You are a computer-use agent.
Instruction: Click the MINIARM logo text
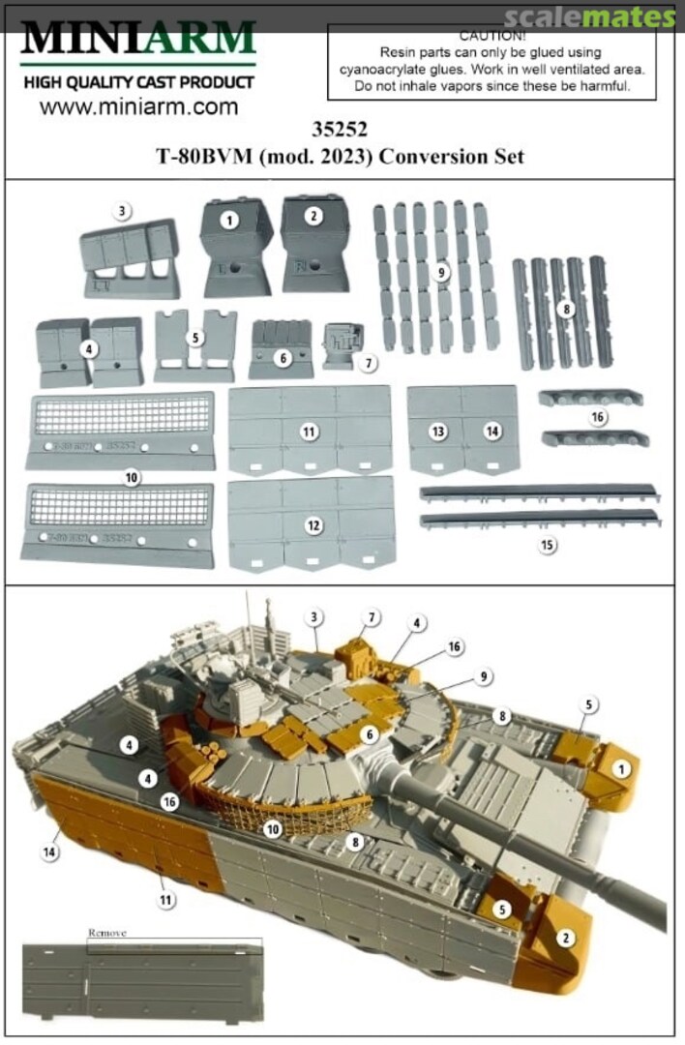[x=138, y=39]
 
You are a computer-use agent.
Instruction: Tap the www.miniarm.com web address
[x=138, y=107]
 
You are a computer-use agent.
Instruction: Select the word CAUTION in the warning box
[x=492, y=35]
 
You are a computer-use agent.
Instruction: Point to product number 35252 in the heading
[x=341, y=127]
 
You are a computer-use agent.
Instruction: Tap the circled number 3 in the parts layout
[x=121, y=211]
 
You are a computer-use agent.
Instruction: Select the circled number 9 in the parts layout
[x=441, y=273]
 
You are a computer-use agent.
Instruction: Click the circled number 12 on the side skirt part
[x=313, y=525]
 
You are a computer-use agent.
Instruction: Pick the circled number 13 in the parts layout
[x=438, y=432]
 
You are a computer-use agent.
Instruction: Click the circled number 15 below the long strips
[x=548, y=546]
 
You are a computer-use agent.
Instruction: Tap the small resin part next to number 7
[x=338, y=346]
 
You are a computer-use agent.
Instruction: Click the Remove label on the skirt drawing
[x=107, y=934]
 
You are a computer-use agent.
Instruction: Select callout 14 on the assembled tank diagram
[x=49, y=851]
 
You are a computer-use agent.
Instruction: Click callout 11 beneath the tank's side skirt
[x=165, y=900]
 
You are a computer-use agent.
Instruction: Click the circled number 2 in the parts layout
[x=313, y=217]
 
